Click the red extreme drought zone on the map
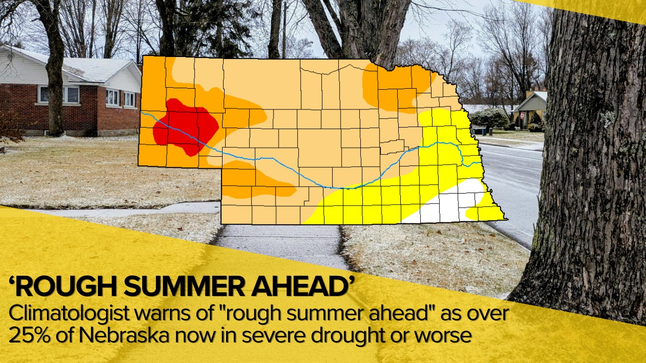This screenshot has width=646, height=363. pyautogui.click(x=184, y=126)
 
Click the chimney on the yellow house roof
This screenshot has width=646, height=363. pyautogui.click(x=529, y=93)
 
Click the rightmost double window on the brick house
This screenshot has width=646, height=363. pyautogui.click(x=129, y=99)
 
